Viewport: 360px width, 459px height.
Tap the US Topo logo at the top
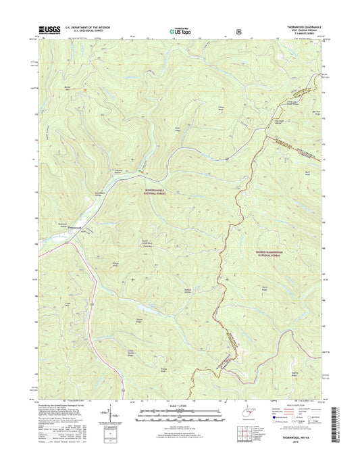tap(180, 30)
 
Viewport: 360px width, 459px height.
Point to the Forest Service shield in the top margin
tap(239, 30)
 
